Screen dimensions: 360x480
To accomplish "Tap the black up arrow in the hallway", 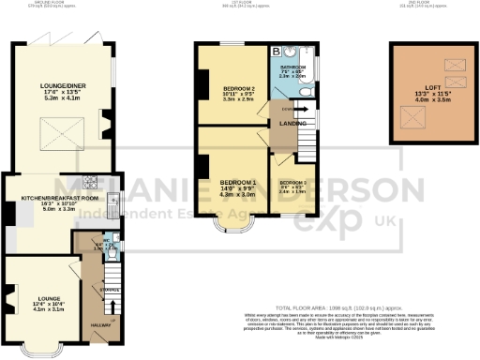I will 114,307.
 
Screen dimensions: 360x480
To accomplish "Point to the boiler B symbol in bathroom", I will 277,52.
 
